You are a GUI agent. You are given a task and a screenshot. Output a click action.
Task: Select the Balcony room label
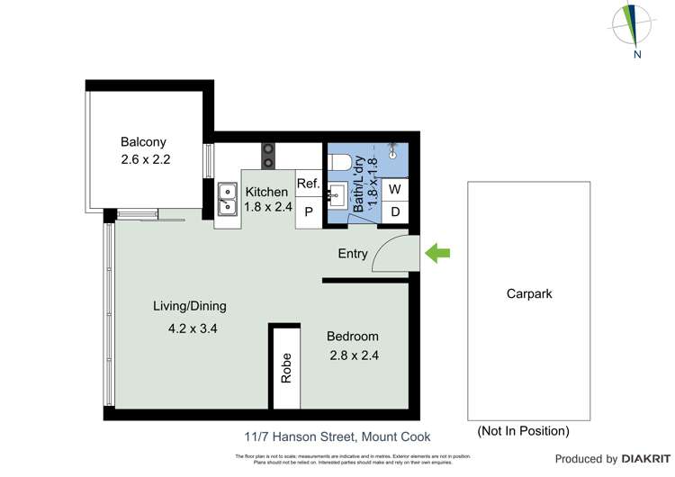pos(144,142)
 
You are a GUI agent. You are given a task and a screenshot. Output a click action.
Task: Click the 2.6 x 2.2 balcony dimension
pos(146,159)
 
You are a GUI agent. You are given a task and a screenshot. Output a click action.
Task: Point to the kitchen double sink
pos(226,201)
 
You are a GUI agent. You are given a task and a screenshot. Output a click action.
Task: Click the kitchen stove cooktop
pos(267,156)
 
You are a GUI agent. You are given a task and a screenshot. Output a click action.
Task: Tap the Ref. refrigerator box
pos(308,184)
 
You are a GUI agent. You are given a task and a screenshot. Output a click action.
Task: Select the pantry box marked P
pos(308,212)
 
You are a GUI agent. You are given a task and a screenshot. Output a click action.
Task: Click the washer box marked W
pos(395,190)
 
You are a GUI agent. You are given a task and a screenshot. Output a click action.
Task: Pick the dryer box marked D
pos(395,211)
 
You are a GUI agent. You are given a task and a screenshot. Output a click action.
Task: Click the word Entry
pos(353,254)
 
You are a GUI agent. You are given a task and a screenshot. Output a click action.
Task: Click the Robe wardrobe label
pos(286,368)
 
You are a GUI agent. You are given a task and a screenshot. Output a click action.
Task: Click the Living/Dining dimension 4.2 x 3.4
pos(193,328)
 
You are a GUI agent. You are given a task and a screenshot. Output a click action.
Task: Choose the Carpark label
pos(529,293)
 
